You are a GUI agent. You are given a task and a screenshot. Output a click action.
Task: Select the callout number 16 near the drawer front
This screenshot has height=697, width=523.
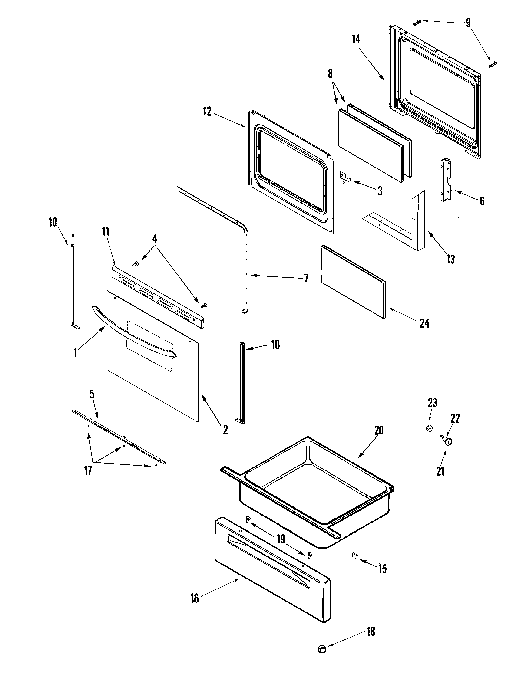pyautogui.click(x=195, y=598)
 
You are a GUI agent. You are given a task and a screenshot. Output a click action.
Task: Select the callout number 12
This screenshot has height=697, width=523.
pyautogui.click(x=207, y=112)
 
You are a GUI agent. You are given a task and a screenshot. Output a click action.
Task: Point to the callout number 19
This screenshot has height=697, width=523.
pyautogui.click(x=281, y=539)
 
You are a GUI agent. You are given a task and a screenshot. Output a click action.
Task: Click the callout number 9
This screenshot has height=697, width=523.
pyautogui.click(x=468, y=23)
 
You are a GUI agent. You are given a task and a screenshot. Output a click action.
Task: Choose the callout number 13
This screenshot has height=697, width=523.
pyautogui.click(x=450, y=259)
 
